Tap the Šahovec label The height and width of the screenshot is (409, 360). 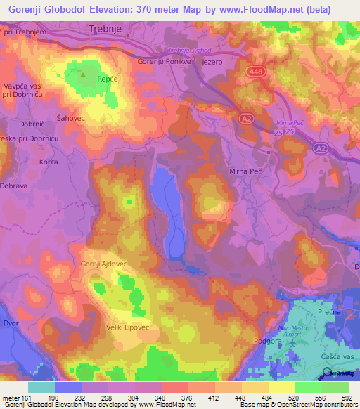click(70, 118)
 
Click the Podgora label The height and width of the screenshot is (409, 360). click(260, 341)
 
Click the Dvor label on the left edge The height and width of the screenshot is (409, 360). click(10, 324)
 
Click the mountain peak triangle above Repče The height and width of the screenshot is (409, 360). click(84, 72)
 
